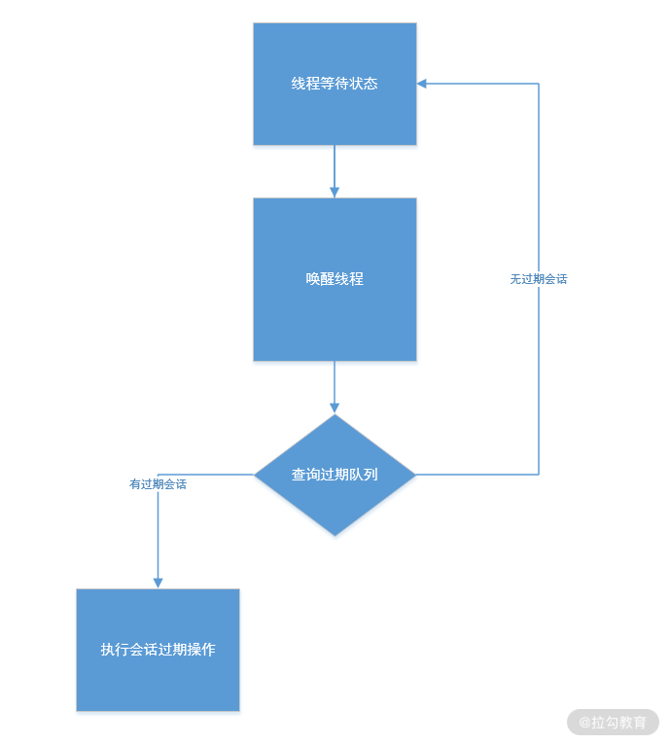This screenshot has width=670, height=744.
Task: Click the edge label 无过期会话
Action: [x=538, y=279]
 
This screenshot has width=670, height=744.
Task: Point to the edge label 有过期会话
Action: [x=158, y=483]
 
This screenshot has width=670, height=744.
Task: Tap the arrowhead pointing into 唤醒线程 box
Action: [x=335, y=192]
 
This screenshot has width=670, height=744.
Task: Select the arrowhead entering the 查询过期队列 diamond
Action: [x=335, y=407]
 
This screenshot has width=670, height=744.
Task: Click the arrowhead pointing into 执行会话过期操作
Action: [x=158, y=582]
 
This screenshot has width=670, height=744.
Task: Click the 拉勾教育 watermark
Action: [x=613, y=723]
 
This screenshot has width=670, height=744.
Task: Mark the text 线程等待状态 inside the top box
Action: [x=335, y=84]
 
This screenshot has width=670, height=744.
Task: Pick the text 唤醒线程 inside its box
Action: [x=335, y=279]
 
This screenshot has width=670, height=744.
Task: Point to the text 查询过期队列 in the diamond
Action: [x=335, y=475]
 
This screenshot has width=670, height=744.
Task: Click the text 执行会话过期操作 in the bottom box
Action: [x=158, y=650]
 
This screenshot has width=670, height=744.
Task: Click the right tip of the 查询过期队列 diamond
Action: [x=414, y=475]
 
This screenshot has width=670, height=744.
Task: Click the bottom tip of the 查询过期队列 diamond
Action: [x=335, y=534]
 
